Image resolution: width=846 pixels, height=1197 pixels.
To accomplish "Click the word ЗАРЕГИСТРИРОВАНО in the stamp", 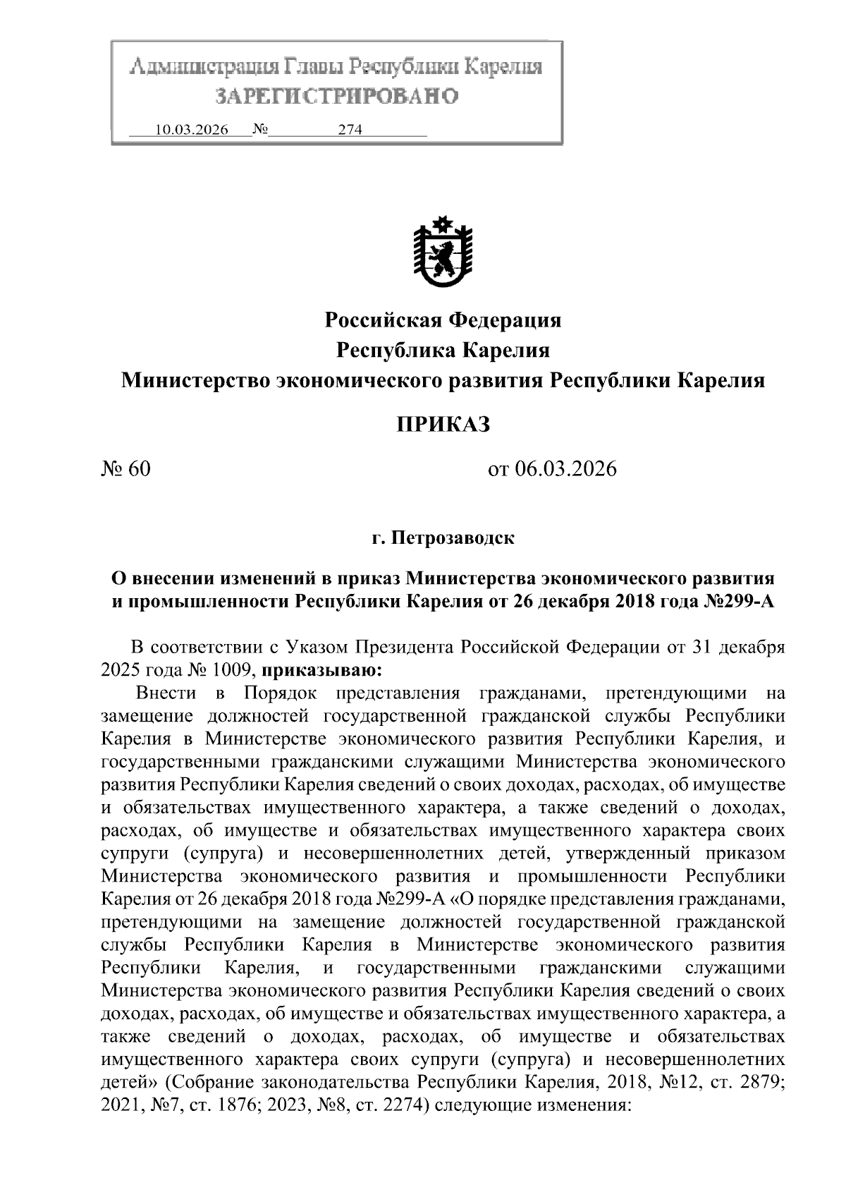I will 336,96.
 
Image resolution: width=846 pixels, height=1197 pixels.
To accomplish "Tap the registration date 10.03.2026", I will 192,130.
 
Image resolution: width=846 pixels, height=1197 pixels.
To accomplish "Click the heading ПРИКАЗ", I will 442,425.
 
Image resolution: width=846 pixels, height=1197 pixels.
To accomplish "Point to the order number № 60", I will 127,469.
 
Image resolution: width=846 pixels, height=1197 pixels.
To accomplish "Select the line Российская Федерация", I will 443,320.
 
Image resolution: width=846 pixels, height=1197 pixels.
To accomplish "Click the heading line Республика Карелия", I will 443,351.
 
